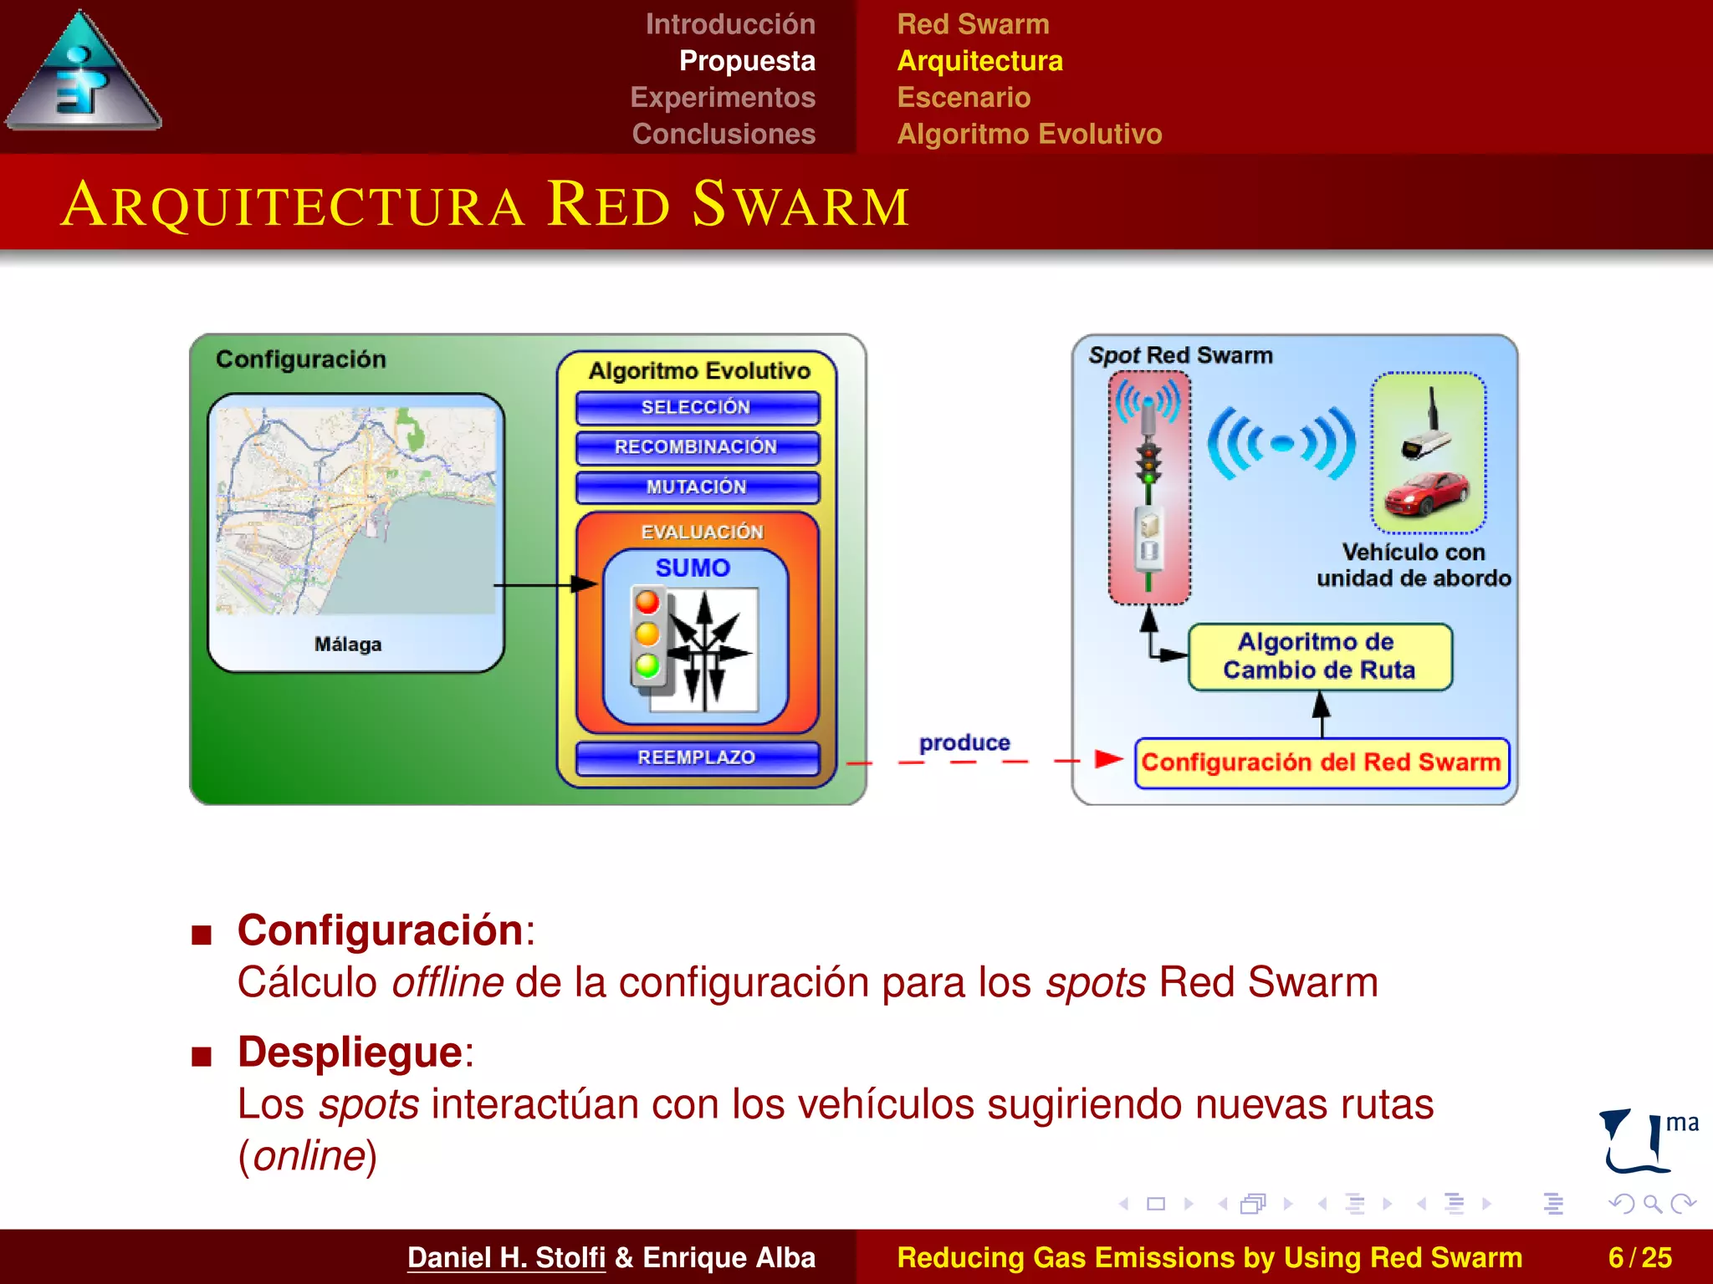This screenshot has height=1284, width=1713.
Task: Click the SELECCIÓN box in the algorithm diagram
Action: point(697,408)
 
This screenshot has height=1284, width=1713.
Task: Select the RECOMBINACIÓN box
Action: point(697,447)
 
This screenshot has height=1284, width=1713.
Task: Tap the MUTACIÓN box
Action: point(697,487)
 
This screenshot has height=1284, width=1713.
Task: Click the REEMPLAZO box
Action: point(697,757)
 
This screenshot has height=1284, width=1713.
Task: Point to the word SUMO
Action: point(693,568)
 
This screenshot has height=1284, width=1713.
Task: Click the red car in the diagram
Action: point(1427,494)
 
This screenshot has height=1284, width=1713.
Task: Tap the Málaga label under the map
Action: point(348,645)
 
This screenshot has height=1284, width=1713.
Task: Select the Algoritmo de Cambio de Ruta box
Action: point(1319,656)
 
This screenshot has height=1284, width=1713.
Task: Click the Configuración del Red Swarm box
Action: point(1321,762)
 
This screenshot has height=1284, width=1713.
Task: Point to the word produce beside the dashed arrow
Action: point(964,742)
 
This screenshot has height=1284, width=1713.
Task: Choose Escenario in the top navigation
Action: point(964,98)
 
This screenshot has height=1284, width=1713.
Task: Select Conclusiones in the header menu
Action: point(724,134)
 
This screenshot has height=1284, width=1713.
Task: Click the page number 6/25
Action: point(1639,1257)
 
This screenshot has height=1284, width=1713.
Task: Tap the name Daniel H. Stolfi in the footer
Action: point(506,1257)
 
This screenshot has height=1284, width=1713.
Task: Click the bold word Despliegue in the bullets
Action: point(350,1052)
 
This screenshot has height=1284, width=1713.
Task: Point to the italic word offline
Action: point(447,982)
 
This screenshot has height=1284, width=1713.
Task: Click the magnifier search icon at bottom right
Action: point(1652,1204)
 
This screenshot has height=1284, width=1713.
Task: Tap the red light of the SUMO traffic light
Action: point(647,602)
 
